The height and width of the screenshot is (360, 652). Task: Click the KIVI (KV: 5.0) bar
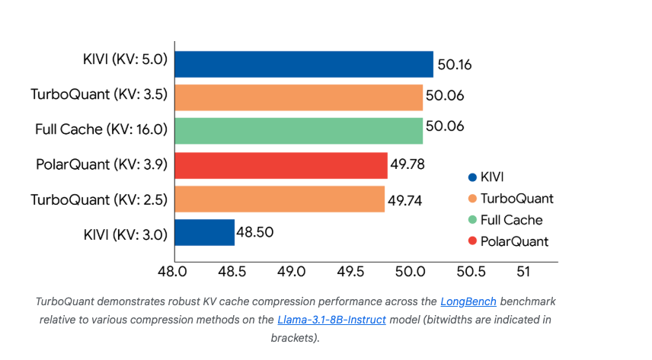point(304,64)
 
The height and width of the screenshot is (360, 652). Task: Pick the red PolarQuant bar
point(281,164)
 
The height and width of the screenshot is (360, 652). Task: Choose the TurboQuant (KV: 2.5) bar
point(280,199)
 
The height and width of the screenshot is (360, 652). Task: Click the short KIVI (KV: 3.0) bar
point(204,232)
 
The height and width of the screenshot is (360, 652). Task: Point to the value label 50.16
point(455,65)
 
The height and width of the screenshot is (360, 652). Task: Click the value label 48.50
point(256,233)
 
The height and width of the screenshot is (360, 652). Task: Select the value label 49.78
point(408,165)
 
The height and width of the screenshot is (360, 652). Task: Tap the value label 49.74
point(405,199)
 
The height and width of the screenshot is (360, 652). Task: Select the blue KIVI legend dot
point(472,177)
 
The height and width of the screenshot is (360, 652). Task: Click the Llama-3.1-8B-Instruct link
point(331,319)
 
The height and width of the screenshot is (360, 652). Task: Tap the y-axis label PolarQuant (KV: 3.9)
point(101,164)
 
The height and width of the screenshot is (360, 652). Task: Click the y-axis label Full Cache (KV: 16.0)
point(101,129)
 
